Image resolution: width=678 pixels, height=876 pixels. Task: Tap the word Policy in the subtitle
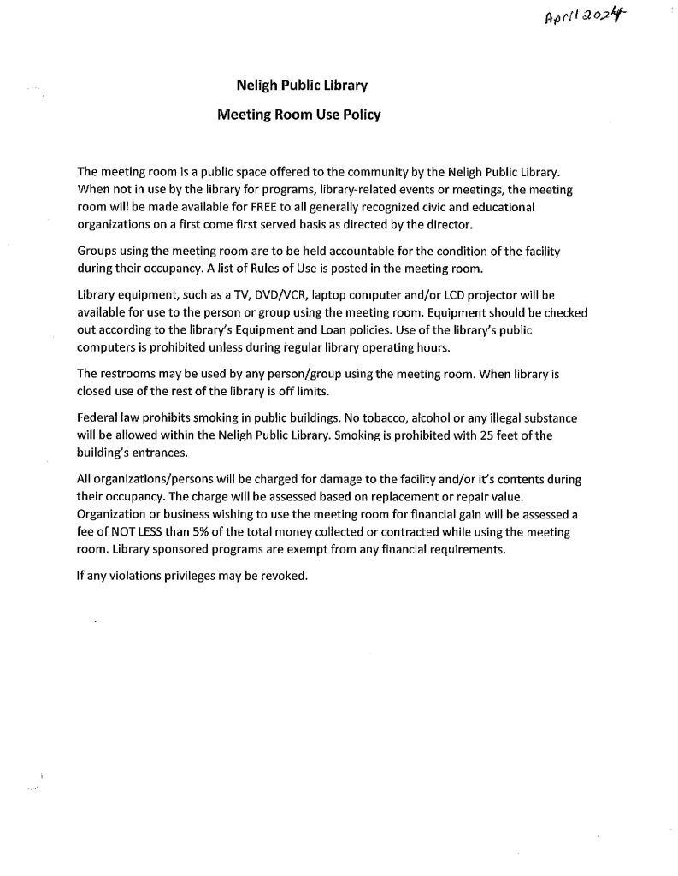click(363, 112)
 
